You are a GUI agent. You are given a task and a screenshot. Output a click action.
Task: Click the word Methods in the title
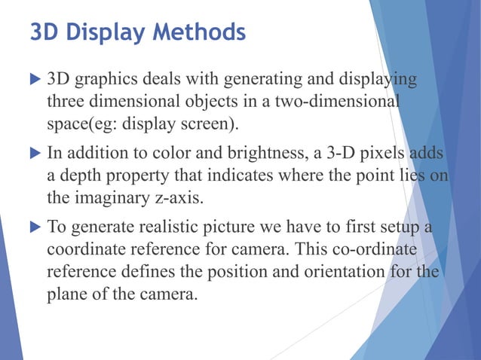[199, 34]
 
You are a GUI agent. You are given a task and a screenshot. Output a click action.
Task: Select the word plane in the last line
[66, 294]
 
